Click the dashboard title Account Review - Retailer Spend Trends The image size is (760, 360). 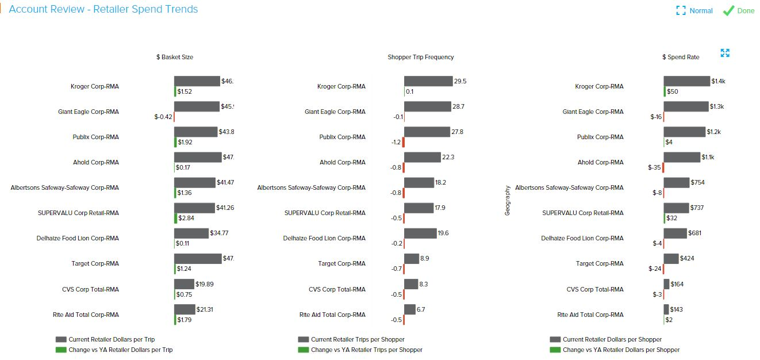pyautogui.click(x=103, y=9)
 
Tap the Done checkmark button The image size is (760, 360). pyautogui.click(x=739, y=11)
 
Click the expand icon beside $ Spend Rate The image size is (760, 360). pyautogui.click(x=725, y=53)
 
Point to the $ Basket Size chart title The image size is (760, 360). pyautogui.click(x=175, y=57)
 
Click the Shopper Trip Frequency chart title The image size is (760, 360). pyautogui.click(x=420, y=57)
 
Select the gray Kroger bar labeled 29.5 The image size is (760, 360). pyautogui.click(x=428, y=81)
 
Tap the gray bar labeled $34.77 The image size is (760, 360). pyautogui.click(x=191, y=233)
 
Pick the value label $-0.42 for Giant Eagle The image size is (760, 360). pyautogui.click(x=163, y=117)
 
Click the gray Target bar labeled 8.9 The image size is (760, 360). pyautogui.click(x=411, y=259)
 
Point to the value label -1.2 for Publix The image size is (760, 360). pyautogui.click(x=396, y=142)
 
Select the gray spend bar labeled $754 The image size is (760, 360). pyautogui.click(x=676, y=182)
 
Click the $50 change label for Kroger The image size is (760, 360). pyautogui.click(x=673, y=91)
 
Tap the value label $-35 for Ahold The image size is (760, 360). pyautogui.click(x=655, y=167)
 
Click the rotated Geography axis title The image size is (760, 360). pyautogui.click(x=508, y=200)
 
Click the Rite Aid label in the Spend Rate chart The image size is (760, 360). pyautogui.click(x=590, y=315)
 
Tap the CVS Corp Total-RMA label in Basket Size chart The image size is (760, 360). pyautogui.click(x=90, y=289)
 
